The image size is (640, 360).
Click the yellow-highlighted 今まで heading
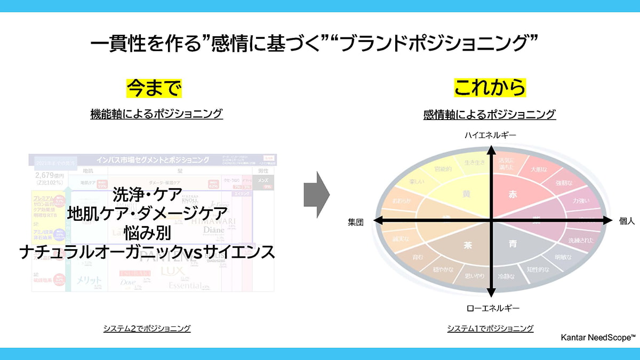coord(154,88)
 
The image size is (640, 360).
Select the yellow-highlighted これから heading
coord(490,88)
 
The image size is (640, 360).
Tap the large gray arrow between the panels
coord(316,195)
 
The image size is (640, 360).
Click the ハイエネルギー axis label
coord(490,136)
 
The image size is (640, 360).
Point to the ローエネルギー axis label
coord(492,308)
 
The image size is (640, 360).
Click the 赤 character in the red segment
coord(513,194)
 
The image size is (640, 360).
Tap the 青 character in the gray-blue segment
coord(513,244)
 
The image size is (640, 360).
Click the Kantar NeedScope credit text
coord(598,338)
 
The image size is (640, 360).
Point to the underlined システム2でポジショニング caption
coord(147,329)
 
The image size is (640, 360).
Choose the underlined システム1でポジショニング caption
coord(490,329)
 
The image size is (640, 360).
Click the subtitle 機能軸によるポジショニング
coord(156,114)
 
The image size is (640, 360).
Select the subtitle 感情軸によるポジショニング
coord(490,114)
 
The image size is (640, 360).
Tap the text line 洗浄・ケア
coord(148,193)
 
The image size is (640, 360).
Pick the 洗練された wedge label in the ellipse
coord(580,240)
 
